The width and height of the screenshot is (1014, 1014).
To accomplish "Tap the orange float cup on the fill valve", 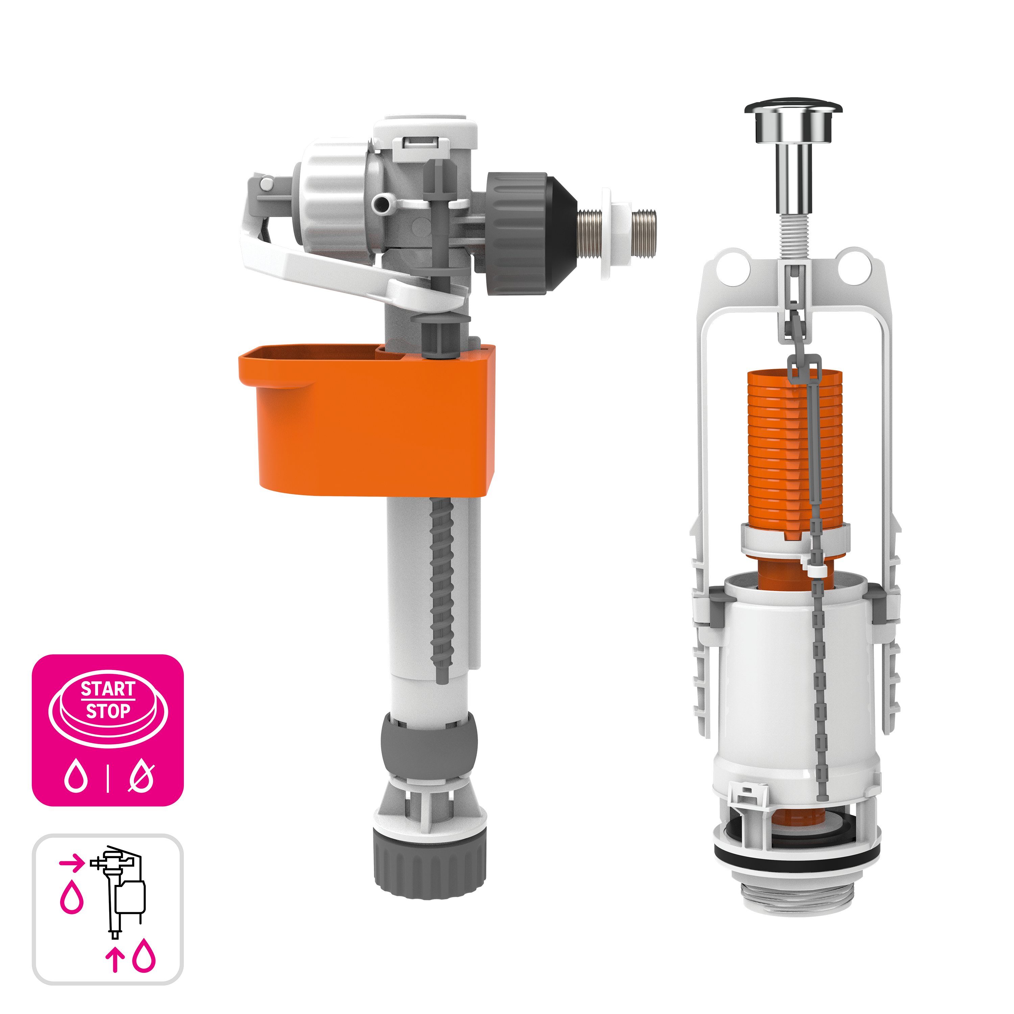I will click(367, 420).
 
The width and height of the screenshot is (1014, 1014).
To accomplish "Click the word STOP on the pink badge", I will click(108, 711).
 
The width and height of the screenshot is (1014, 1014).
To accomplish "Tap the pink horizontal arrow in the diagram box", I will click(71, 862).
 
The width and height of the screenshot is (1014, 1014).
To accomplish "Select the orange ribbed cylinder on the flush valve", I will click(794, 451).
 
